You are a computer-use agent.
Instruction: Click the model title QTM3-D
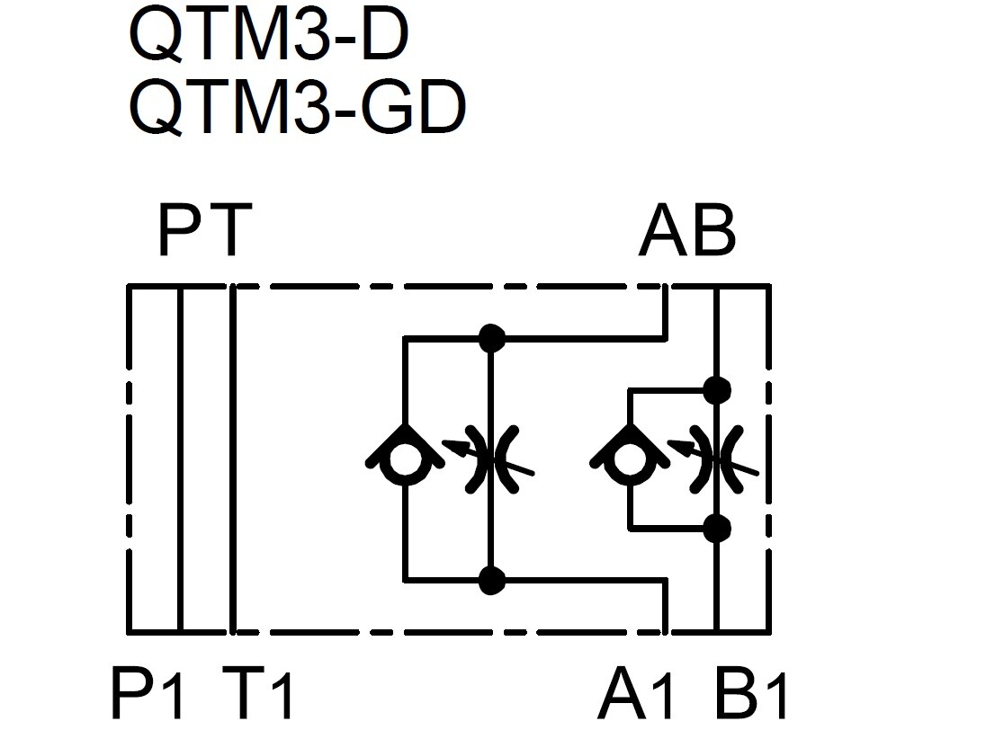click(x=268, y=34)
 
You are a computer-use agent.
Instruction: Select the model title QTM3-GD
click(x=297, y=107)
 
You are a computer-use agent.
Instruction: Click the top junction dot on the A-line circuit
click(x=491, y=338)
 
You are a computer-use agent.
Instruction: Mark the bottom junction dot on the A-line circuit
click(x=491, y=581)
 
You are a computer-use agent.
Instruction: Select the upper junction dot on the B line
click(x=716, y=390)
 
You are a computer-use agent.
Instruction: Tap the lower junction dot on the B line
click(x=716, y=528)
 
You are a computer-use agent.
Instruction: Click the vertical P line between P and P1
click(x=181, y=459)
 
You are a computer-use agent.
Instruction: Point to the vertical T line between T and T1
click(x=233, y=459)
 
